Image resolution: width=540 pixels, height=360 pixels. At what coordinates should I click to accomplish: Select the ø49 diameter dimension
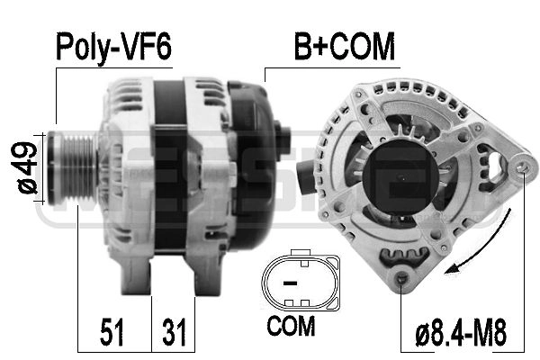26,167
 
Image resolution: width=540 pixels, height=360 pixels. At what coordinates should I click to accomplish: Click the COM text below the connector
292,325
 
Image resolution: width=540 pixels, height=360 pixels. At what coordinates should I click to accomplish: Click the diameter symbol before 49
26,187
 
